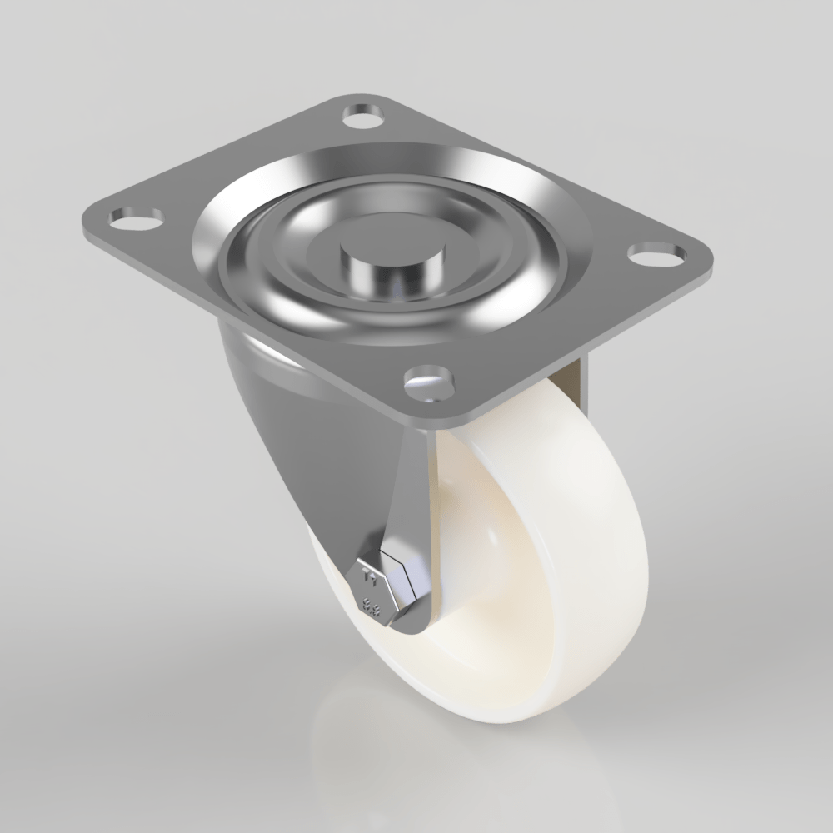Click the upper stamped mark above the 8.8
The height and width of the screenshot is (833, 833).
click(372, 575)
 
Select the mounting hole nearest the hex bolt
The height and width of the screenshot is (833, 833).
click(428, 382)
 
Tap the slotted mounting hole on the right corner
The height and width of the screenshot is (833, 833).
click(654, 252)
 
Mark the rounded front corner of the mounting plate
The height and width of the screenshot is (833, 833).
click(450, 416)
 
